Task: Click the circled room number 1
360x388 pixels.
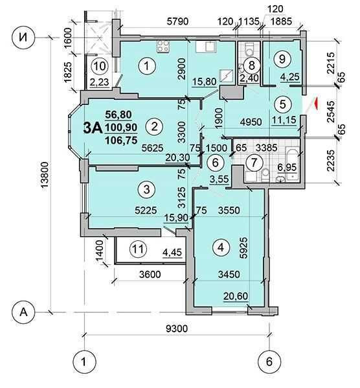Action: point(147,66)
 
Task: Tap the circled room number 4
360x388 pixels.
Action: point(221,247)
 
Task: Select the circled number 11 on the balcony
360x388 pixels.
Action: point(138,249)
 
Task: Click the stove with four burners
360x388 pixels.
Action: point(163,46)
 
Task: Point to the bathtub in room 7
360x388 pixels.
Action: point(292,164)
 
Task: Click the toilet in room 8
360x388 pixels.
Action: point(249,49)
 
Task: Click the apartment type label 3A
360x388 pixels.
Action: point(93,128)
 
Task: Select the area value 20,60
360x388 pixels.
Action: point(236,296)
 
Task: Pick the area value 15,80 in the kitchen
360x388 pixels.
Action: point(204,82)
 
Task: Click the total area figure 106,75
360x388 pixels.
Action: point(121,141)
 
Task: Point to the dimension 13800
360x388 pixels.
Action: point(45,176)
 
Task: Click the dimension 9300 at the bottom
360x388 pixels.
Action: point(177,328)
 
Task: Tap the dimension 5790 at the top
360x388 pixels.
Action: point(177,21)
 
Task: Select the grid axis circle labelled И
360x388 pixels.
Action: point(23,38)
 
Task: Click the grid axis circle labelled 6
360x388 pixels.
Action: point(269,361)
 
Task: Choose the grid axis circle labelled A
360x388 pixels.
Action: point(23,312)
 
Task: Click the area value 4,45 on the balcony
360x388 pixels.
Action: point(172,253)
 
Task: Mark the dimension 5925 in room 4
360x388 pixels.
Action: point(243,247)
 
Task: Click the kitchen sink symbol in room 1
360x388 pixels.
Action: point(206,47)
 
